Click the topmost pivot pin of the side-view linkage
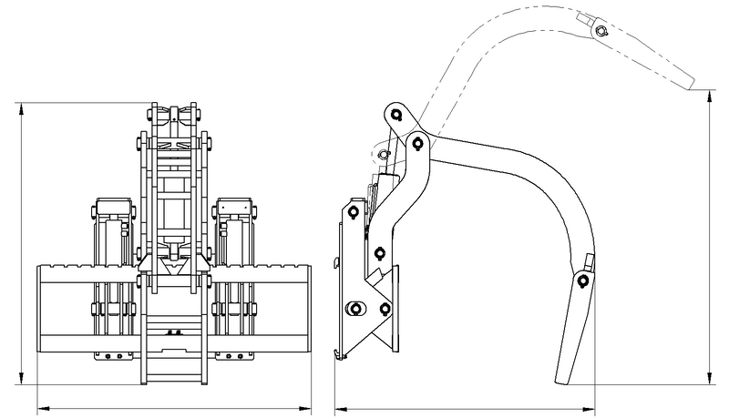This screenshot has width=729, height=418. [x=395, y=114]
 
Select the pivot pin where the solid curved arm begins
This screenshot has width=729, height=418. [x=418, y=142]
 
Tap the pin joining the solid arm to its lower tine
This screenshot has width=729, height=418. [x=580, y=279]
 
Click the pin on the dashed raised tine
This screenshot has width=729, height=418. [x=601, y=33]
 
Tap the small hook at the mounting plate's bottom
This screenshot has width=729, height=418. [x=340, y=354]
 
